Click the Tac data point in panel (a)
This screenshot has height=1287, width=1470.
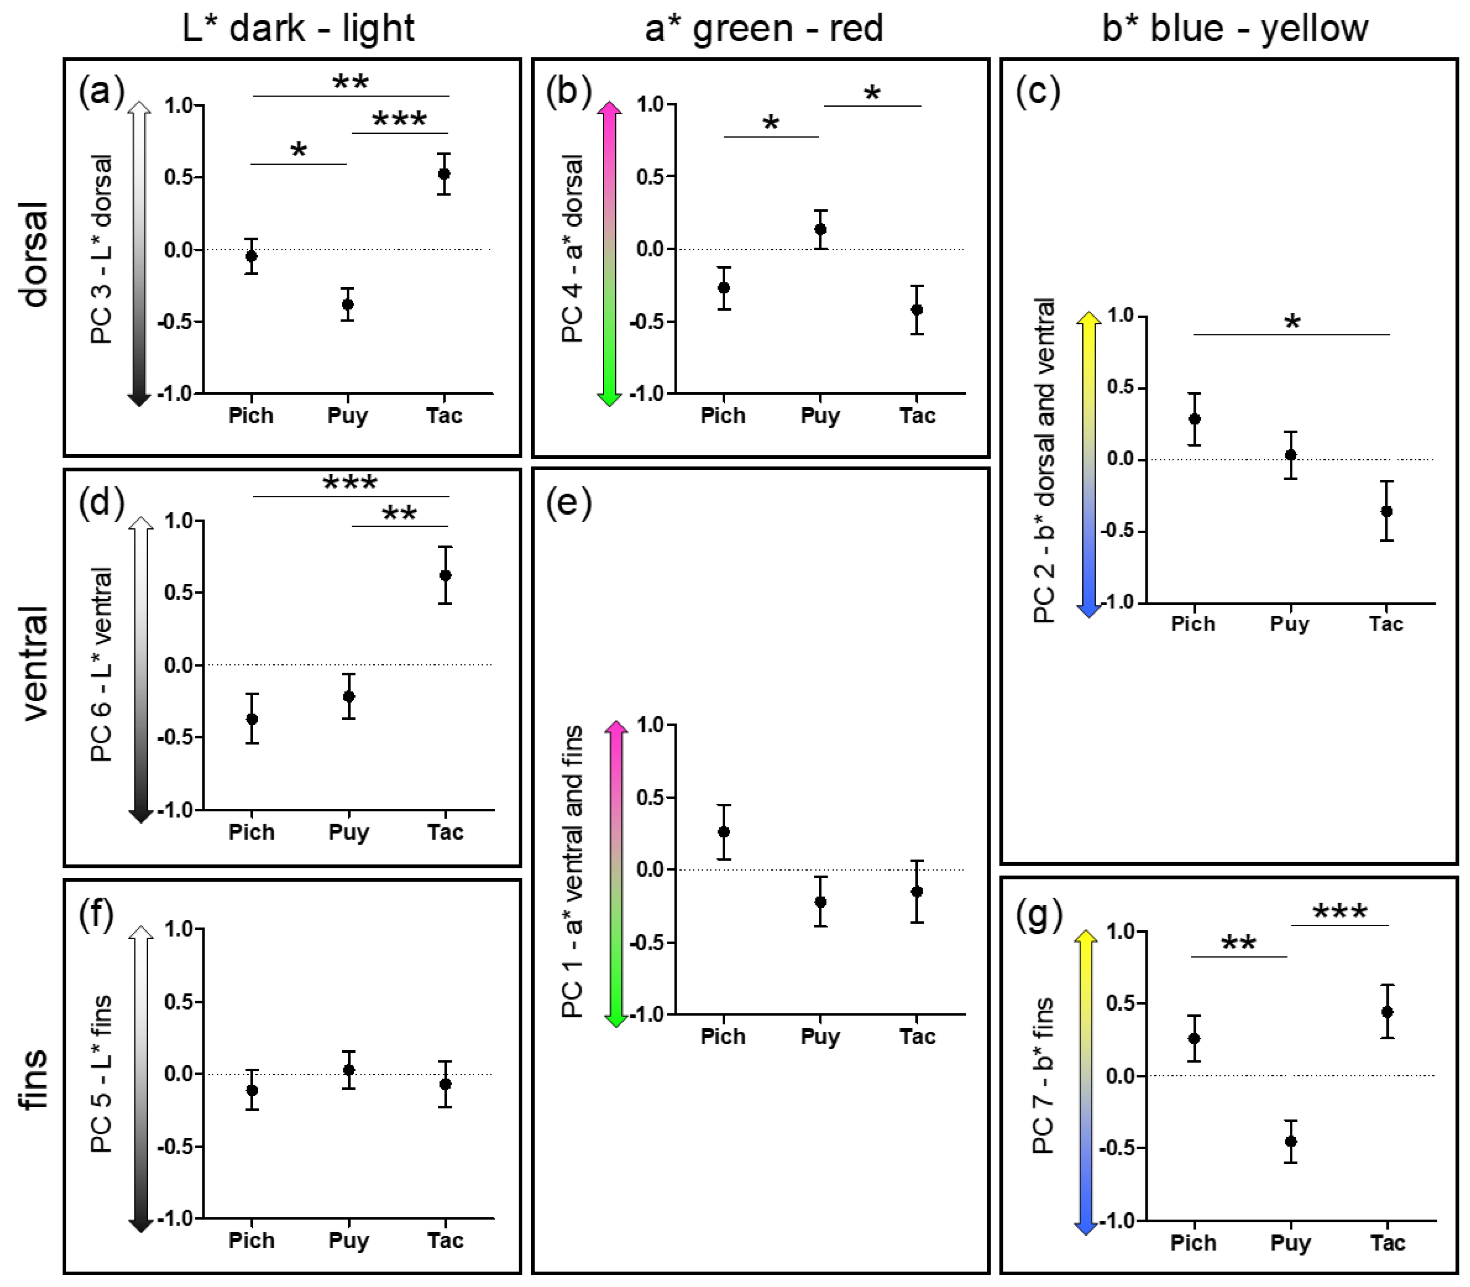444,174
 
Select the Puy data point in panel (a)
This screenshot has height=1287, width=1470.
347,304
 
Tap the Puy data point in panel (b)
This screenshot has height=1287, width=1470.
820,229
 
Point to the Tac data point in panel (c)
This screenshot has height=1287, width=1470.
1387,511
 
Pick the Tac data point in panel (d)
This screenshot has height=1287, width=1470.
445,575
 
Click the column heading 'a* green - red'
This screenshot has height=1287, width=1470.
763,29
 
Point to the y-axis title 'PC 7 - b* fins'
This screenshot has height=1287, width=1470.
1043,1075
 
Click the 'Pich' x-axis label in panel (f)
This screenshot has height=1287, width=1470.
251,1240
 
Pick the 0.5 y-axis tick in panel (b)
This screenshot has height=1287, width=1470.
651,177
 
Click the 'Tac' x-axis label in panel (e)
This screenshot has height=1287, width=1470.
917,1037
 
